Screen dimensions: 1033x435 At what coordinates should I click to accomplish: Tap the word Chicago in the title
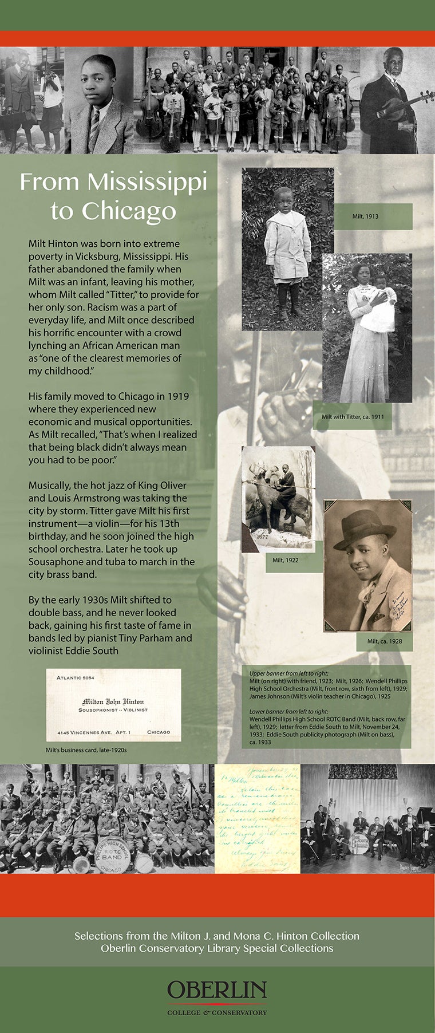click(128, 211)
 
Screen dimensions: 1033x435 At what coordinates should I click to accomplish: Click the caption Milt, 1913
click(365, 216)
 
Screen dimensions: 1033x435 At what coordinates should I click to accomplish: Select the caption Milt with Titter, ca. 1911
click(353, 416)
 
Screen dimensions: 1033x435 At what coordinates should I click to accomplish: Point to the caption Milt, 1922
click(285, 559)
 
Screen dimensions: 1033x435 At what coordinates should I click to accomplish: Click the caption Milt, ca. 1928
click(384, 641)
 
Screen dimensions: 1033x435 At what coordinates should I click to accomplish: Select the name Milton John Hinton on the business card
click(113, 701)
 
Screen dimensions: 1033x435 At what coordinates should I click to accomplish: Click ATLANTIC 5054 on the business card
click(76, 678)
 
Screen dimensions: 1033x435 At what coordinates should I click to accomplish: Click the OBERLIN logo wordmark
click(217, 989)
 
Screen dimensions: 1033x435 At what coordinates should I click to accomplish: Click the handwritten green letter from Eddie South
click(258, 818)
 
